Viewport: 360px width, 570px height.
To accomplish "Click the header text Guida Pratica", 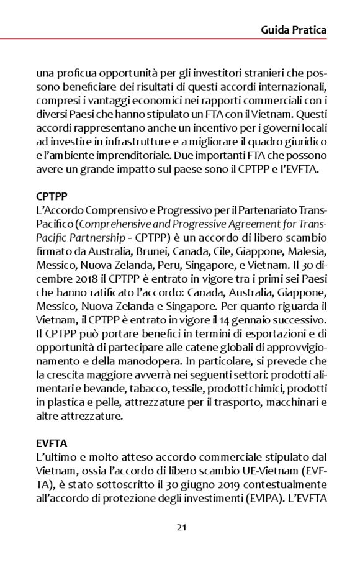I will pyautogui.click(x=294, y=29).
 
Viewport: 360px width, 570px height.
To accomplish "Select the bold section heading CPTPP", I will pyautogui.click(x=52, y=196).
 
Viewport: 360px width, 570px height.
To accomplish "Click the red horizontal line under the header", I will pyautogui.click(x=180, y=39).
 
